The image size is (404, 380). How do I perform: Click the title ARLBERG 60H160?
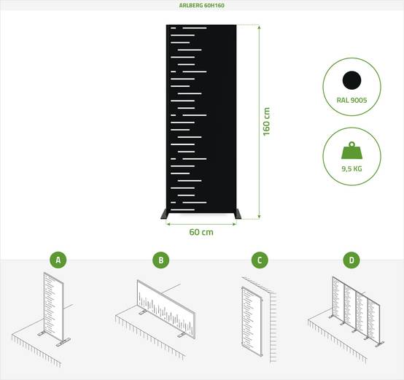tap(202, 5)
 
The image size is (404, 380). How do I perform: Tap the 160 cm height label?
tap(266, 122)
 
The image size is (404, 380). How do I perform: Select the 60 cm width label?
tap(201, 232)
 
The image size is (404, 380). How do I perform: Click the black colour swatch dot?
tap(351, 80)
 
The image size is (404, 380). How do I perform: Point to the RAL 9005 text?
tap(351, 100)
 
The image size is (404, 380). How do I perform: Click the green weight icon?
tap(351, 150)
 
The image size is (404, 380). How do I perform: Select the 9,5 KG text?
tap(351, 168)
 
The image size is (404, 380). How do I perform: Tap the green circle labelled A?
tap(58, 260)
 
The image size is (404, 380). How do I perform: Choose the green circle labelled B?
tap(161, 260)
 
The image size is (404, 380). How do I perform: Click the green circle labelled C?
tap(260, 260)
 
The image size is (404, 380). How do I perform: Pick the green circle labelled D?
tap(351, 260)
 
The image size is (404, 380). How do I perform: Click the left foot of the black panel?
tap(164, 214)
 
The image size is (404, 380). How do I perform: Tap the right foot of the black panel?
tap(238, 214)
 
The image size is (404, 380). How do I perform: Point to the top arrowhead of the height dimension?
tap(259, 27)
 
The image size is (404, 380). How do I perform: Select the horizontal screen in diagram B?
tap(166, 309)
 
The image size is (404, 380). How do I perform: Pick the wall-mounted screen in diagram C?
tap(252, 322)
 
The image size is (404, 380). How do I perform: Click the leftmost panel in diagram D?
tap(338, 299)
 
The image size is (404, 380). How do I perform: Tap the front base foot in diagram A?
tap(63, 342)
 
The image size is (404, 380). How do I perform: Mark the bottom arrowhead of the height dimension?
tap(259, 217)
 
